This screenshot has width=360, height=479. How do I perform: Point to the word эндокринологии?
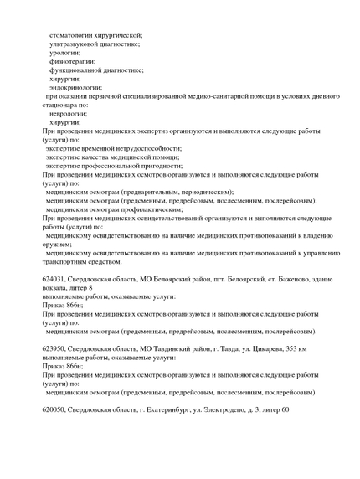pos(76,87)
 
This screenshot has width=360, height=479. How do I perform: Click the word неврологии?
pos(69,113)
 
